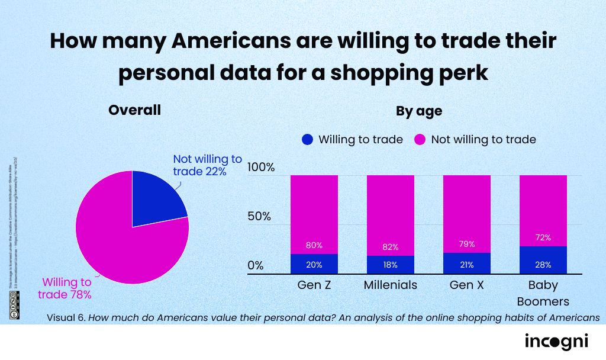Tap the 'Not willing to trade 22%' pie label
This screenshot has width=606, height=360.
207,165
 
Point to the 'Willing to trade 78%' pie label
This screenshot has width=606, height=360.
65,288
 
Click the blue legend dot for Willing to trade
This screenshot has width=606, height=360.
307,140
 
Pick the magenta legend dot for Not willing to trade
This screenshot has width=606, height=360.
420,140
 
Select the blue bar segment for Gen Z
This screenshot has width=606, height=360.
314,264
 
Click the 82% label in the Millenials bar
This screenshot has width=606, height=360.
390,247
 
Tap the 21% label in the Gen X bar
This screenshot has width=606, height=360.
466,264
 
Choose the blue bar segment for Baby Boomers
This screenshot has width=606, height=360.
543,260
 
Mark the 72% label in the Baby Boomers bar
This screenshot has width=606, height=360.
543,237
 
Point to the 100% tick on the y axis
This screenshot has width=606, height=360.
261,168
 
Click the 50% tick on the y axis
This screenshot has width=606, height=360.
259,216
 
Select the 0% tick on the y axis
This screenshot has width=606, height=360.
256,265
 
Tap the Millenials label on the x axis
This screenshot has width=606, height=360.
390,285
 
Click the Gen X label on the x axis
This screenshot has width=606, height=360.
466,285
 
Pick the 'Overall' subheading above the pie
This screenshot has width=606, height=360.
134,110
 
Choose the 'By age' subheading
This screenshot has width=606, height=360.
419,111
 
